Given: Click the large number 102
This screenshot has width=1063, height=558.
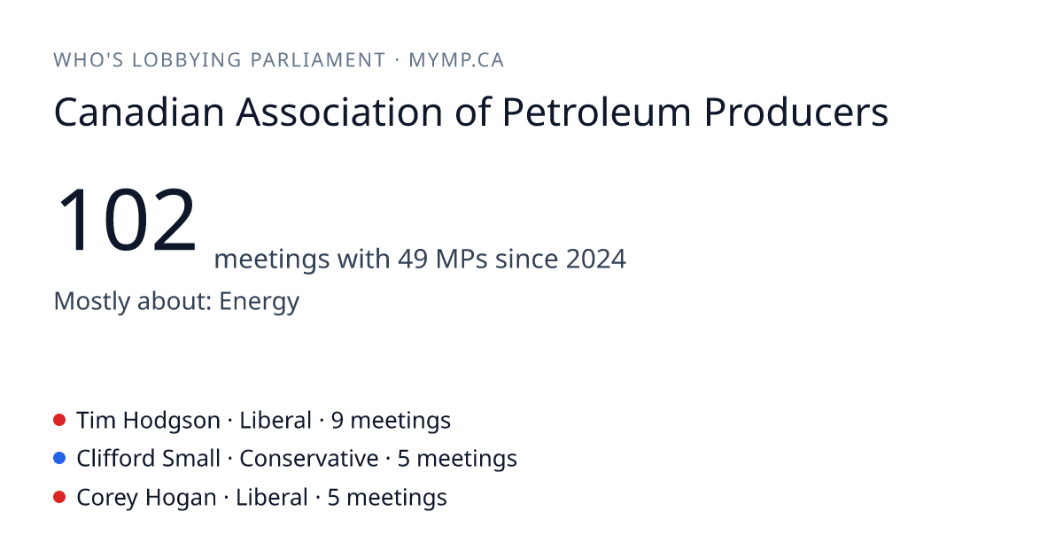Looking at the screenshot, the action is tap(126, 220).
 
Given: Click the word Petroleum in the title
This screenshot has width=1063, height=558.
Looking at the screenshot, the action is tap(596, 112).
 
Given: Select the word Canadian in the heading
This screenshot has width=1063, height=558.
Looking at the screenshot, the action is tap(139, 112).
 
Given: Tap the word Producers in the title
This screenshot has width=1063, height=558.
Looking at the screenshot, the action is tap(795, 112).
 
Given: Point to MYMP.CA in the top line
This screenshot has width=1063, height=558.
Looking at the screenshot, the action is tap(456, 60).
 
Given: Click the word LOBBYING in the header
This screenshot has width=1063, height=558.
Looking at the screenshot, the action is tap(187, 60).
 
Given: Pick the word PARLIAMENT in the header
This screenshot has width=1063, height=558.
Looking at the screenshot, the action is tap(318, 60).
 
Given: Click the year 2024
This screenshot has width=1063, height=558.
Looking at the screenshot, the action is tap(596, 259).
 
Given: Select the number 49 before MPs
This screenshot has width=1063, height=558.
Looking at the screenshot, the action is tap(413, 259).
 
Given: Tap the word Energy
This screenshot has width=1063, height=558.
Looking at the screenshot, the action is tap(259, 302).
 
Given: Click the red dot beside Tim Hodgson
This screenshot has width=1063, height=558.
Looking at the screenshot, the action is tap(59, 420).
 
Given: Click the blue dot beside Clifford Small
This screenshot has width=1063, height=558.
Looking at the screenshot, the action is tap(59, 458).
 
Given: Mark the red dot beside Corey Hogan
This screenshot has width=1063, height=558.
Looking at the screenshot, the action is tap(59, 497).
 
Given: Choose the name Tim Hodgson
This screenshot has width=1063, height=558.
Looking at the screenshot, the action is tap(149, 421).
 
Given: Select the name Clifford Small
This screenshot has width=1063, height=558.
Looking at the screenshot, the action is tap(149, 459).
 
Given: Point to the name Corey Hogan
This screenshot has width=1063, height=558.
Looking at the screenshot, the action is tap(147, 498).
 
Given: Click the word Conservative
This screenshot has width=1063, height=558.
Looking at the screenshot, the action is tap(309, 459).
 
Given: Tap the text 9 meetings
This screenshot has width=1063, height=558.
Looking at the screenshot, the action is tap(391, 421).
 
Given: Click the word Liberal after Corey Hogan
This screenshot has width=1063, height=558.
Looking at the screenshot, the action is tap(272, 497).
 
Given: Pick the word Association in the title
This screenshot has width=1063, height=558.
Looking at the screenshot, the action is tap(339, 112).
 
